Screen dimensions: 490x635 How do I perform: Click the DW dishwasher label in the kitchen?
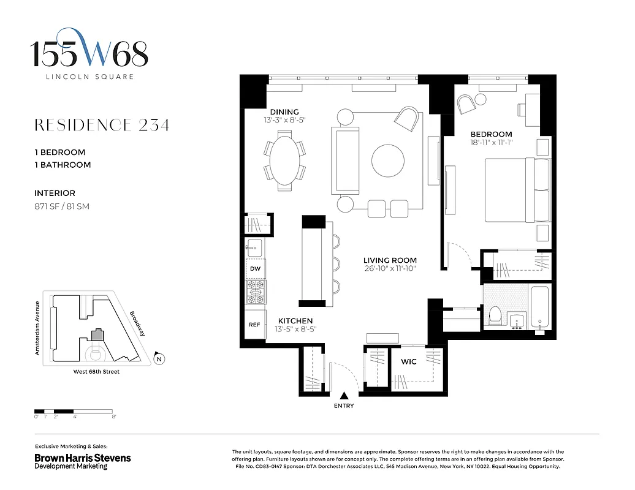tap(255, 269)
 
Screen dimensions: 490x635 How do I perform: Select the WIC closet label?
tap(409, 361)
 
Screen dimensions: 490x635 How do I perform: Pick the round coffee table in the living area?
tap(387, 160)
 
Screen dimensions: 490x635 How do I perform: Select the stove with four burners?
tap(255, 293)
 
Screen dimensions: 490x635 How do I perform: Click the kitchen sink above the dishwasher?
tap(254, 248)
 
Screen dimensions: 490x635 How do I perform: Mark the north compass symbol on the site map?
tap(159, 360)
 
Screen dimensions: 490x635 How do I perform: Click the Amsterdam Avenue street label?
tap(37, 328)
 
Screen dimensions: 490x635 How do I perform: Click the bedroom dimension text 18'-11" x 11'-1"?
tap(491, 143)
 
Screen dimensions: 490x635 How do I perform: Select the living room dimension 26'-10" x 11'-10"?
tap(389, 268)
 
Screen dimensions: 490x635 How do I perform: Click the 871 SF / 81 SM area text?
tap(62, 206)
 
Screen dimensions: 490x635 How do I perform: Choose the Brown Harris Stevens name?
tap(82, 458)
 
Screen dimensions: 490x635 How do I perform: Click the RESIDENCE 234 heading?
tap(102, 126)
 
